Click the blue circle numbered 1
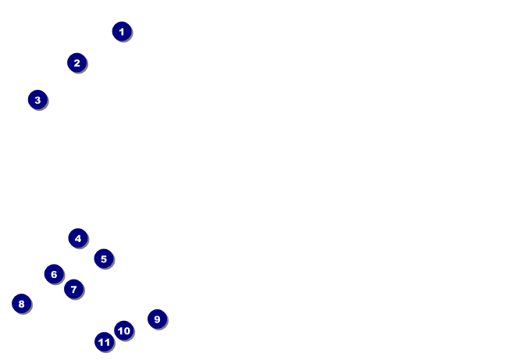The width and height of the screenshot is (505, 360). (121, 31)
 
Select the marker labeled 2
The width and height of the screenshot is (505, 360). (76, 62)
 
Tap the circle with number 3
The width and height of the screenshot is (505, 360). (37, 100)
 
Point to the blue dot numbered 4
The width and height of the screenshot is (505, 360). (77, 238)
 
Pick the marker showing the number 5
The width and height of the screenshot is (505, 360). (104, 258)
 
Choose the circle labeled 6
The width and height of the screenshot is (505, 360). (54, 274)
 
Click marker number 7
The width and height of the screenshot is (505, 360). (73, 289)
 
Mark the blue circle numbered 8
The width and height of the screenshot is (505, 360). (21, 304)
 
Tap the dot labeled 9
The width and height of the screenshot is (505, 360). (157, 319)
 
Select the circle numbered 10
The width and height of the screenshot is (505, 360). (123, 330)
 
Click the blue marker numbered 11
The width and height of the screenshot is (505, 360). (105, 341)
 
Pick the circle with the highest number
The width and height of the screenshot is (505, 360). (105, 341)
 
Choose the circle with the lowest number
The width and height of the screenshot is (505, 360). (121, 31)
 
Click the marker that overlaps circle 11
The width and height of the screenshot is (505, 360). (123, 330)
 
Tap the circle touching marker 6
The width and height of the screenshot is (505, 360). (73, 289)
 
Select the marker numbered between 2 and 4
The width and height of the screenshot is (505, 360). (37, 100)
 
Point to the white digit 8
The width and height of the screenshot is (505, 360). (21, 304)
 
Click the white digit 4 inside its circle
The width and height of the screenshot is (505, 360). (77, 238)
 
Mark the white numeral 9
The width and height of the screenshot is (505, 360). (157, 319)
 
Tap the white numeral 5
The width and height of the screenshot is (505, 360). (104, 258)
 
